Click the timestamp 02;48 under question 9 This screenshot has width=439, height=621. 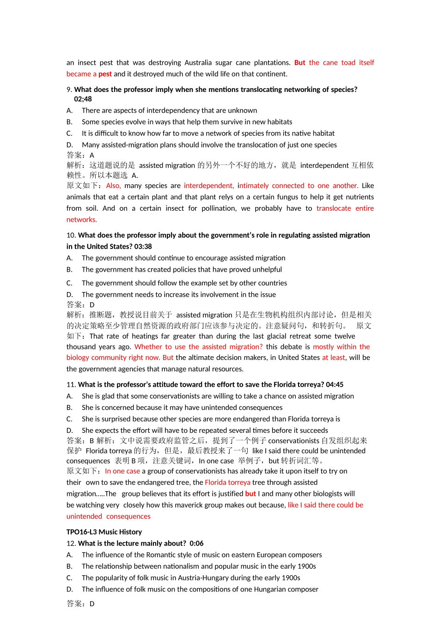[83, 99]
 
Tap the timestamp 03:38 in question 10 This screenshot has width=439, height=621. [143, 247]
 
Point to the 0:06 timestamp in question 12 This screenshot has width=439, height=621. [196, 543]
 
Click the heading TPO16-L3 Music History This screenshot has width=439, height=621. [104, 532]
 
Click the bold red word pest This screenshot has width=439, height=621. [105, 74]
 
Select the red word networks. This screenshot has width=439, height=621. [81, 220]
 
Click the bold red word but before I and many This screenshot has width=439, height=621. [250, 494]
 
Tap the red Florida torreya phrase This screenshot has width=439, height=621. [227, 482]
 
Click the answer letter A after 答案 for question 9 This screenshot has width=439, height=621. [92, 155]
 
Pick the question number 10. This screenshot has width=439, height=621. [71, 235]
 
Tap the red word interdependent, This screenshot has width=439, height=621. [208, 186]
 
